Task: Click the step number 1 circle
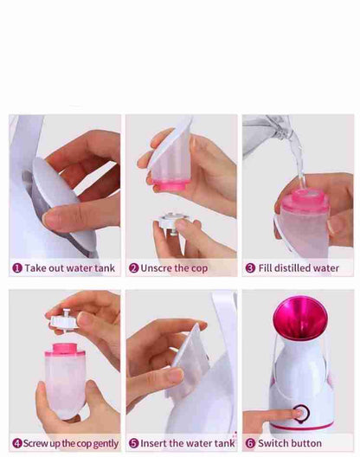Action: tap(17, 268)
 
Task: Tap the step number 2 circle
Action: tap(133, 268)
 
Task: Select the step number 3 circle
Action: tap(250, 268)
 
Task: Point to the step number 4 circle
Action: tap(17, 443)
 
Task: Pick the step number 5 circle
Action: tap(133, 443)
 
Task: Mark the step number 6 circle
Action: tap(250, 443)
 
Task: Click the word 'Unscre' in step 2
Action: tap(157, 268)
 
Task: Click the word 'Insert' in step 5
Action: tap(153, 443)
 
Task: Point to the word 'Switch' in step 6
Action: tap(272, 443)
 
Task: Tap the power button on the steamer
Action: tap(301, 413)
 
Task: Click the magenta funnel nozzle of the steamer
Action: tap(299, 319)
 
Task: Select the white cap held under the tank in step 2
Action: tap(172, 222)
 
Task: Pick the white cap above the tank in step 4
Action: tap(64, 319)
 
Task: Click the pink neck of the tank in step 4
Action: tap(65, 350)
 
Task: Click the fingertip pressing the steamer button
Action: tap(297, 413)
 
